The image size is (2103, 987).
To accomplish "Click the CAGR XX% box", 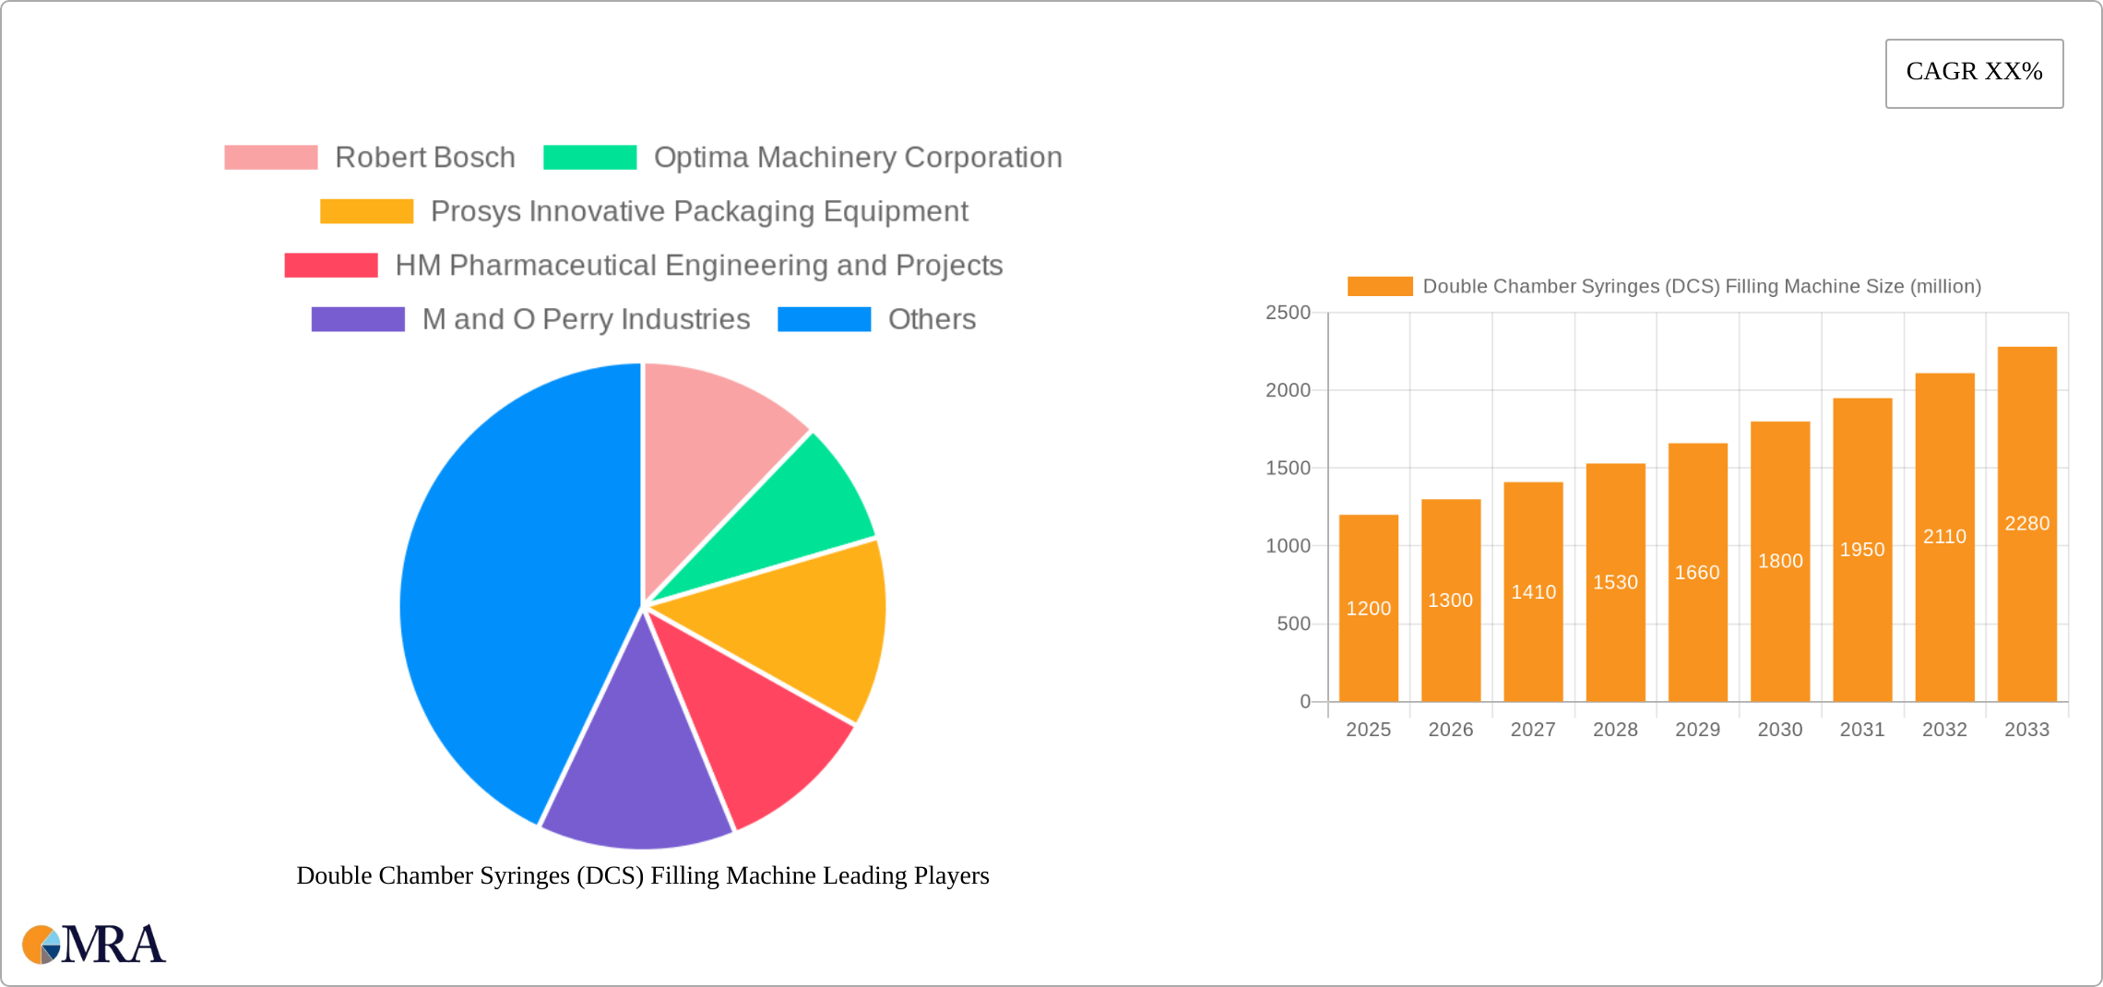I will (1974, 73).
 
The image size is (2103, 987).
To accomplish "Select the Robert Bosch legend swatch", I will (270, 158).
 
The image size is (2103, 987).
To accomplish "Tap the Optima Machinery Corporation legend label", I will (857, 158).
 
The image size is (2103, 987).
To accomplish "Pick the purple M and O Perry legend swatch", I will (358, 319).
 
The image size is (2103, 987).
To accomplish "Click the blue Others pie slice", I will (507, 590).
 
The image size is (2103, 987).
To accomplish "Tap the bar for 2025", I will (1368, 609).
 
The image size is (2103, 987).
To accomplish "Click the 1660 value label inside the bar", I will (1697, 573).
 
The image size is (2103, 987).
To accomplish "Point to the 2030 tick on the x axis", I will (1779, 730).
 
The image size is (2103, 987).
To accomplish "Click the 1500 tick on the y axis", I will (1288, 469).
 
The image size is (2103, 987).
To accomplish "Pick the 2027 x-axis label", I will (1533, 730).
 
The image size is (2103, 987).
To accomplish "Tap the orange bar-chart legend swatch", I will (1379, 287).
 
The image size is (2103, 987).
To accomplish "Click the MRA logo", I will (94, 945).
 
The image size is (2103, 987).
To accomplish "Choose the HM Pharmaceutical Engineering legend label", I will (698, 266).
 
